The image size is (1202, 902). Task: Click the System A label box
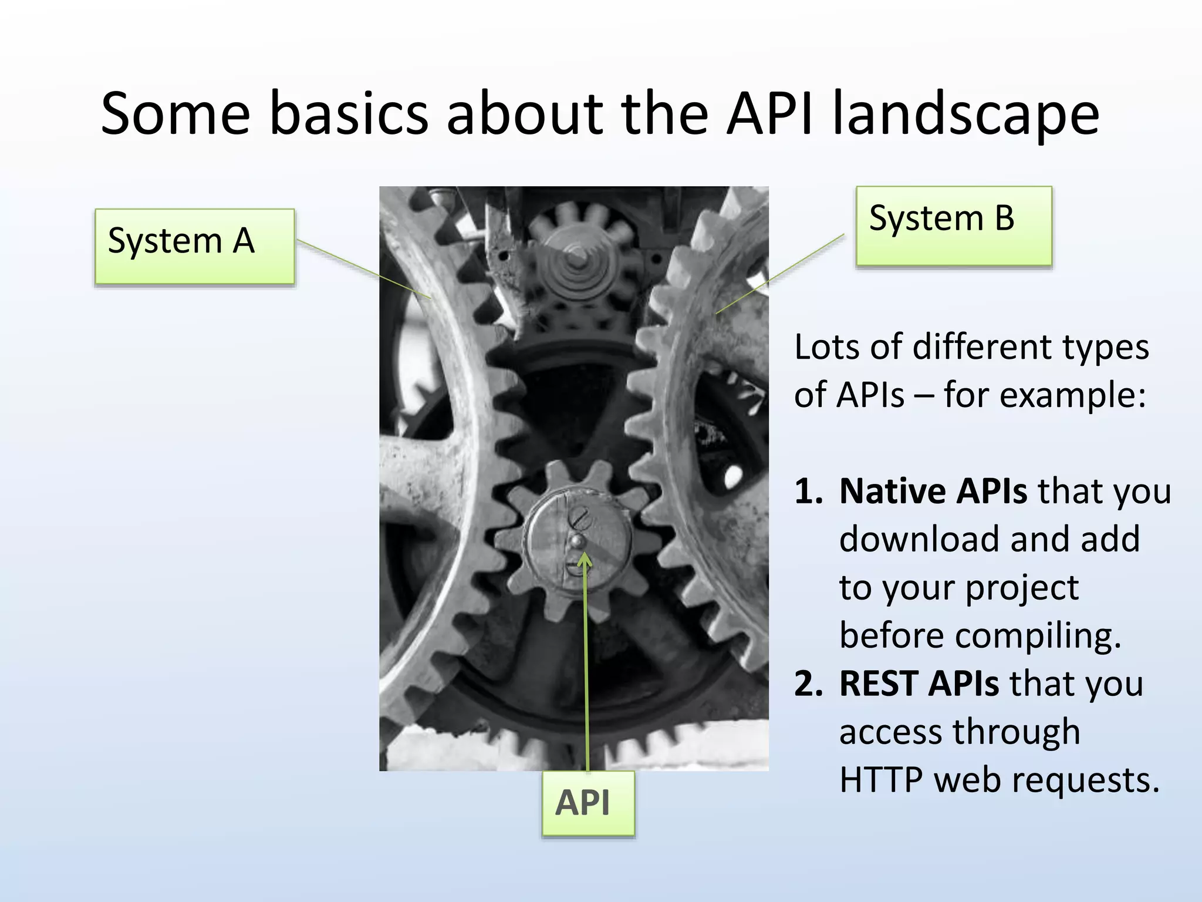[x=194, y=246]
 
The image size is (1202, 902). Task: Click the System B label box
[x=953, y=225]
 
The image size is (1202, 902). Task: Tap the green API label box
[x=588, y=803]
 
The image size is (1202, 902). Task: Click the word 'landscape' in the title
[x=965, y=113]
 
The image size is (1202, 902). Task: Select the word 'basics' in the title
[x=349, y=113]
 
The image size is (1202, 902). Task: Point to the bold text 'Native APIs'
[x=933, y=491]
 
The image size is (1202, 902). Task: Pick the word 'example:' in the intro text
[x=1072, y=395]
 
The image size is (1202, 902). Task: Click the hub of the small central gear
[x=577, y=541]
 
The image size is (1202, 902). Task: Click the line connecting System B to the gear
[x=781, y=274]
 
